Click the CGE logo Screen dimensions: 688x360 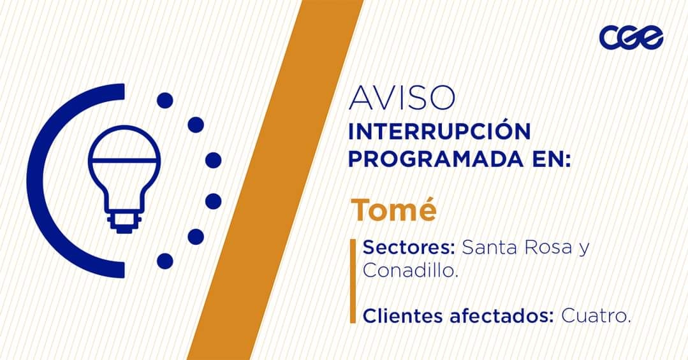[x=631, y=37]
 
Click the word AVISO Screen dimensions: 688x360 [x=402, y=97]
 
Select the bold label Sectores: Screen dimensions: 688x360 [x=409, y=248]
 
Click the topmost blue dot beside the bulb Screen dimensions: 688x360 [x=165, y=101]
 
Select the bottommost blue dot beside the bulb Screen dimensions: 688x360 [x=165, y=261]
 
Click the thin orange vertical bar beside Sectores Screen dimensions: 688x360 [x=353, y=280]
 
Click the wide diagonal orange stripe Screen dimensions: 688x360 [x=275, y=180]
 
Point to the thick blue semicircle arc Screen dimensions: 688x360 [x=35, y=180]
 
